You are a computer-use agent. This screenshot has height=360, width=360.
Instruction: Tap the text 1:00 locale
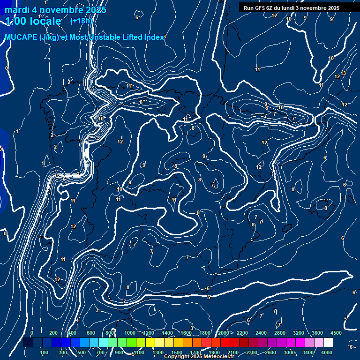click(x=33, y=21)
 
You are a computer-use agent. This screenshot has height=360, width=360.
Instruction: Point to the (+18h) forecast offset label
click(x=82, y=21)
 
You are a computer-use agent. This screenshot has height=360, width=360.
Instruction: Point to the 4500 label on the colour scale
click(x=336, y=333)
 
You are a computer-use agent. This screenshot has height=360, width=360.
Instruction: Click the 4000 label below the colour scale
click(x=327, y=352)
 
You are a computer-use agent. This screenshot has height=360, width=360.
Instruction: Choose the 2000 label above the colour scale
click(x=224, y=333)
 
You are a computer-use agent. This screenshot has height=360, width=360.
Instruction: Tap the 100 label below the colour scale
click(x=44, y=352)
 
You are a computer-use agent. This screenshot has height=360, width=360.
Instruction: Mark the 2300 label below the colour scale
click(x=252, y=352)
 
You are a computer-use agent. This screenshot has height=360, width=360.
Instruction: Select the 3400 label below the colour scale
click(x=308, y=352)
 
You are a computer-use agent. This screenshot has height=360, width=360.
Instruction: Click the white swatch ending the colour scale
click(x=328, y=343)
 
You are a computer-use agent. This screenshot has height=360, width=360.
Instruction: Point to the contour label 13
click(x=343, y=73)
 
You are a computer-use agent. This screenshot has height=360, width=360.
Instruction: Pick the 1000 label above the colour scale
click(x=129, y=333)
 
